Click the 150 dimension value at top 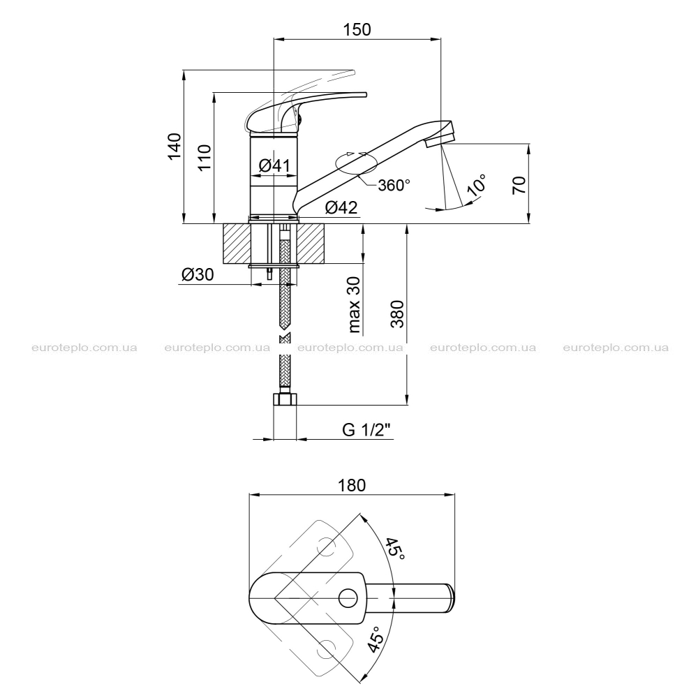click(x=357, y=29)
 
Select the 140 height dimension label click(x=174, y=146)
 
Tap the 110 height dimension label click(x=205, y=157)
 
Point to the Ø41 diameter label click(x=274, y=165)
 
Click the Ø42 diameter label click(x=341, y=207)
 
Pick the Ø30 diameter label click(x=198, y=274)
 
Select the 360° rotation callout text click(x=394, y=185)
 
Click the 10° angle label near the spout click(x=476, y=185)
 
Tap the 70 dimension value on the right click(x=519, y=185)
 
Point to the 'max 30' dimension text click(x=354, y=305)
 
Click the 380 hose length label click(x=397, y=314)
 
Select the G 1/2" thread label click(x=366, y=430)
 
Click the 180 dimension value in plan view click(x=352, y=485)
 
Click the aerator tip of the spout click(x=440, y=140)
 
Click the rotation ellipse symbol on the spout click(x=357, y=163)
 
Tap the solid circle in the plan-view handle click(x=348, y=598)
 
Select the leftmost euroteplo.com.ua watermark click(x=84, y=348)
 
